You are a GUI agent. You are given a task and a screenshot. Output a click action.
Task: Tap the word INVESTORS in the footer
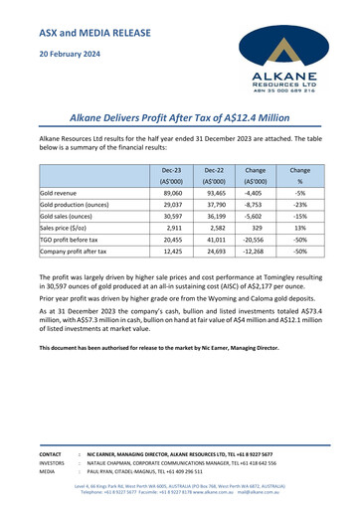(52, 462)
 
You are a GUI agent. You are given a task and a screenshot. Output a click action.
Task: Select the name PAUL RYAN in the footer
(101, 473)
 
